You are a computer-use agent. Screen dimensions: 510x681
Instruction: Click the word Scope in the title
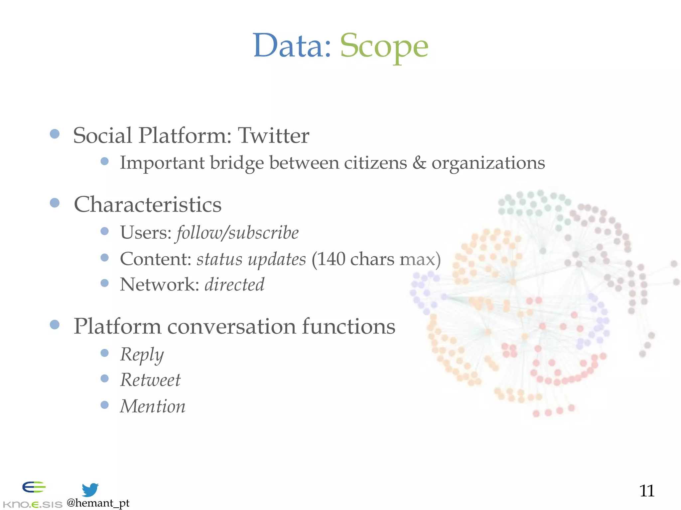click(x=384, y=46)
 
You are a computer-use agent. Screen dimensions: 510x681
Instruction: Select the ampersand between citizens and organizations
click(x=419, y=163)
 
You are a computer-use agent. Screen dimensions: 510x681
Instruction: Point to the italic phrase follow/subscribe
click(x=237, y=232)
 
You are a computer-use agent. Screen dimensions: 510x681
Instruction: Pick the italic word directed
click(x=234, y=285)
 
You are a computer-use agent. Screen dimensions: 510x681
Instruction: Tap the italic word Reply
click(x=142, y=355)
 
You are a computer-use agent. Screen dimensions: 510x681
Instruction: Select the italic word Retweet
click(x=150, y=380)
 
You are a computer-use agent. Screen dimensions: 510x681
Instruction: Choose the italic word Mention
click(x=153, y=406)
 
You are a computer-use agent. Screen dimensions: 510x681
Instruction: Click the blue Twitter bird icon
click(x=90, y=490)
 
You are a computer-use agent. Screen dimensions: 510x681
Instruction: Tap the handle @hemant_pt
click(x=98, y=503)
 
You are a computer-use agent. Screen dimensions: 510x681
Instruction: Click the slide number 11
click(x=647, y=491)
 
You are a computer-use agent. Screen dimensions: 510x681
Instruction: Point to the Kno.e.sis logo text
click(x=32, y=504)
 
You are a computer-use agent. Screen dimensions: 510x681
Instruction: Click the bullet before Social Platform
click(x=55, y=134)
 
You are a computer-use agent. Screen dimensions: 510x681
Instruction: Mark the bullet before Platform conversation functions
click(x=55, y=324)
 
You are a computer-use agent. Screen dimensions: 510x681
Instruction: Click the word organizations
click(x=488, y=163)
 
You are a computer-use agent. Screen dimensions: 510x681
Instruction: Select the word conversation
click(x=231, y=326)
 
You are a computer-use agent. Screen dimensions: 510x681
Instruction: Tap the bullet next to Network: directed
click(x=104, y=283)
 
